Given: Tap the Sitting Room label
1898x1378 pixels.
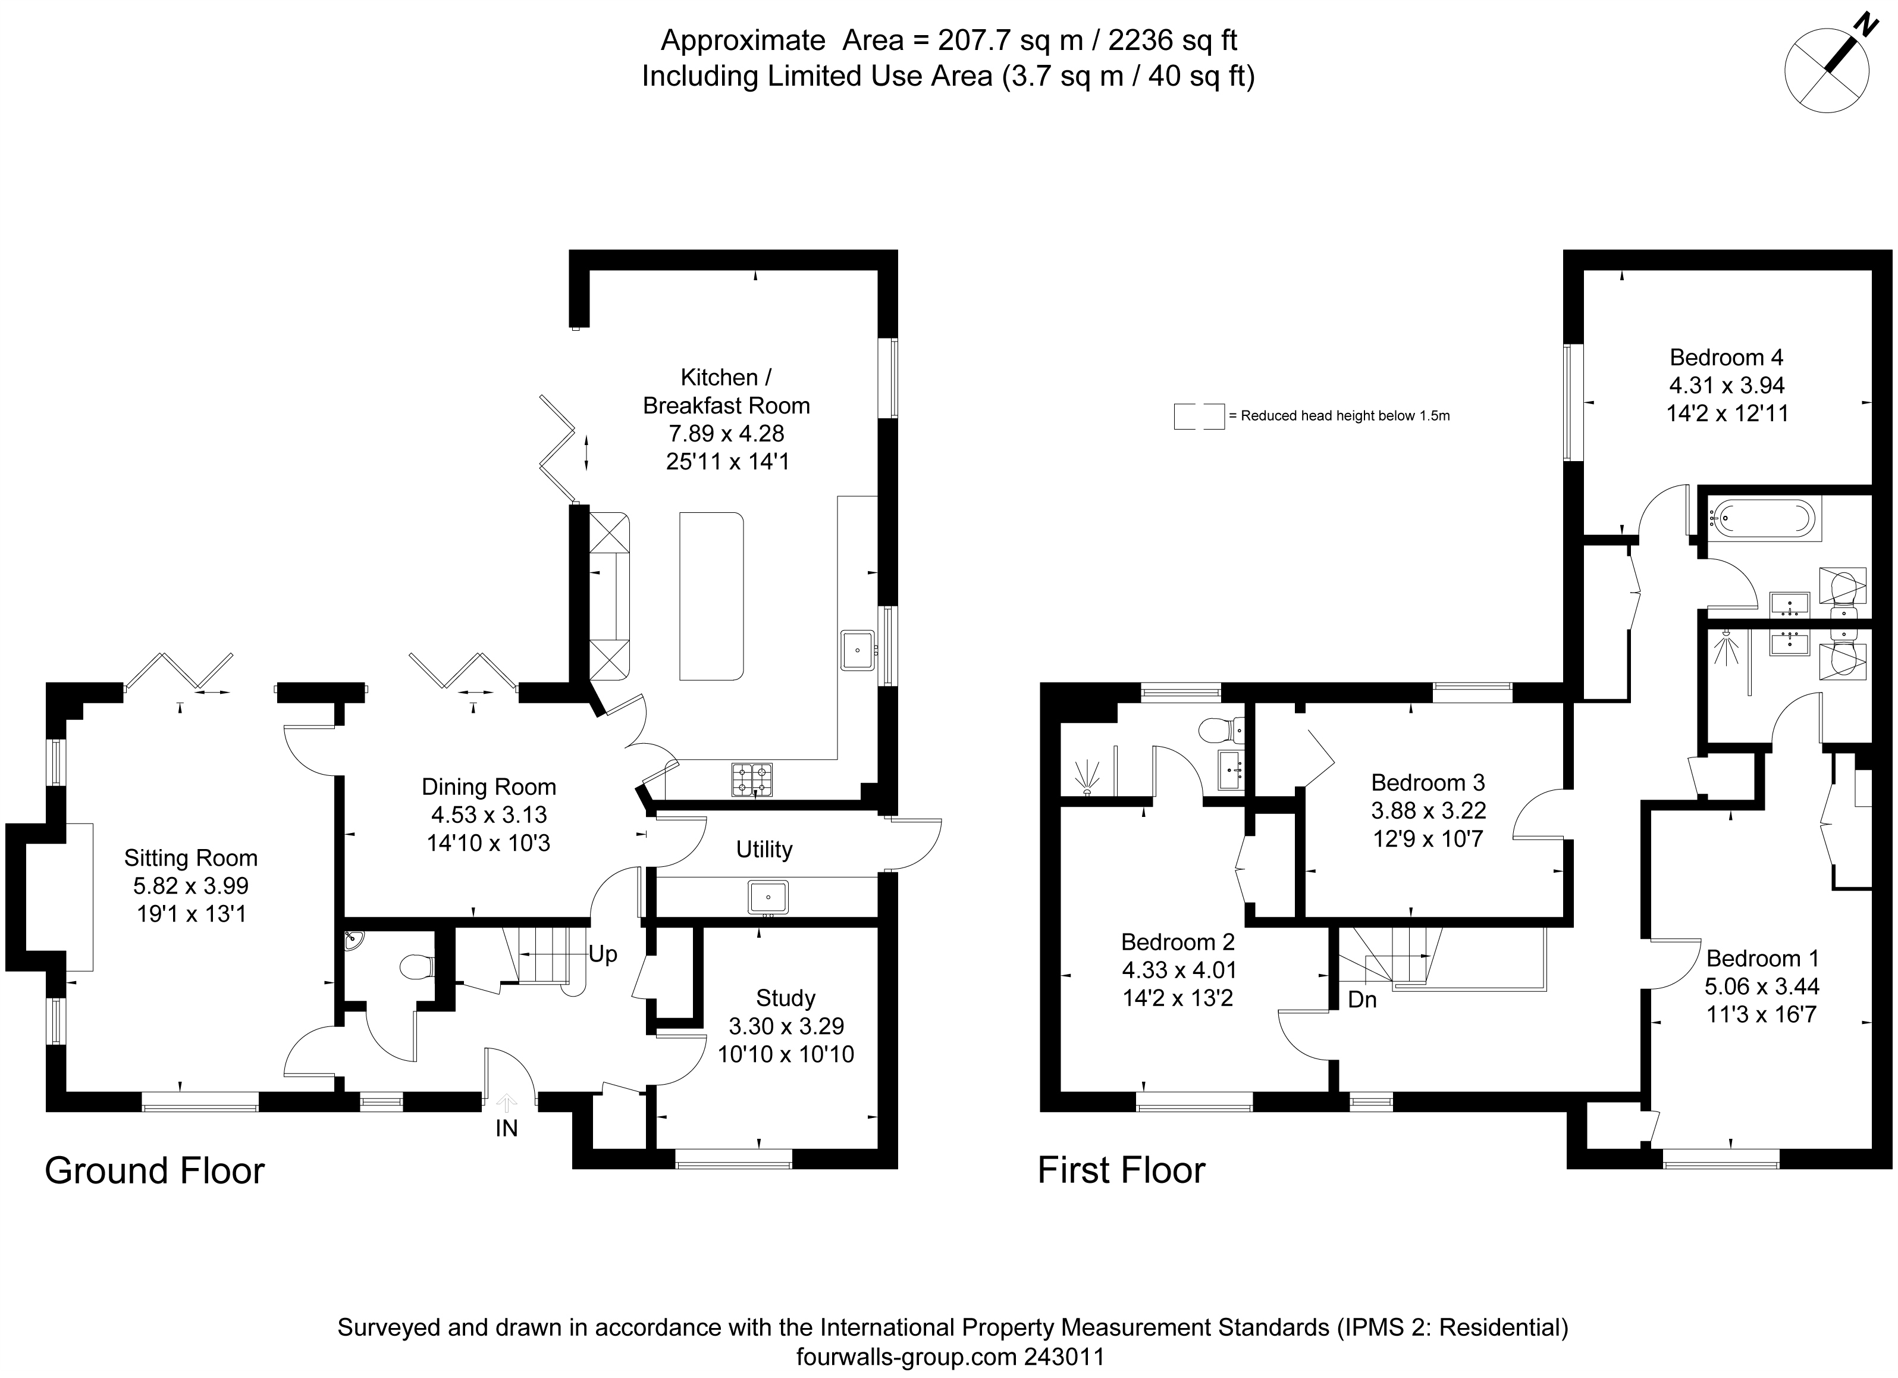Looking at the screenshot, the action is coord(191,857).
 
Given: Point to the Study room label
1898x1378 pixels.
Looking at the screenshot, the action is coord(785,998).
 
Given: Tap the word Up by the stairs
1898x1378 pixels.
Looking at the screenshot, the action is coord(603,954).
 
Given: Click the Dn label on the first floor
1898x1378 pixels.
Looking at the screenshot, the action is coord(1363,1000).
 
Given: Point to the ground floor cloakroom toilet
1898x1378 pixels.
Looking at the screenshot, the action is coord(417,968).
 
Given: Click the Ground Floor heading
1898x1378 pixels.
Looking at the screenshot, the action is coord(155,1170).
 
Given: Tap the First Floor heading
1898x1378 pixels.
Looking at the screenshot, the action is coord(1121,1170).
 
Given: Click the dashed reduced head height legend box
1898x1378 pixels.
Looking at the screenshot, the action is coord(1199,416).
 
